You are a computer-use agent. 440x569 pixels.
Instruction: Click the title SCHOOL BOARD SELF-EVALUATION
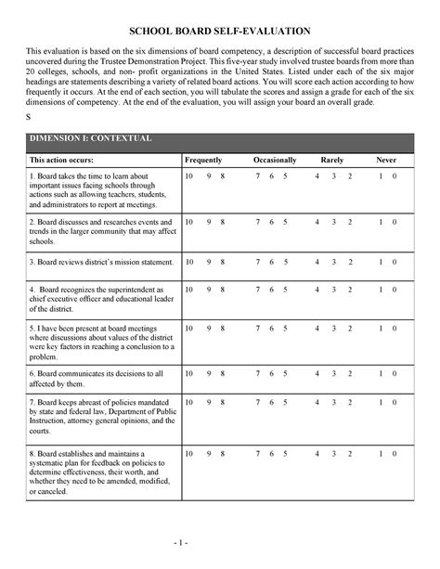click(x=219, y=32)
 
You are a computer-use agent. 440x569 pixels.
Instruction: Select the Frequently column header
click(x=203, y=160)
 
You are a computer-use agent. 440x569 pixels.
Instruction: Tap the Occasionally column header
click(x=275, y=160)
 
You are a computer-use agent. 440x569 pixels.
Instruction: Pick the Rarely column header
click(x=331, y=160)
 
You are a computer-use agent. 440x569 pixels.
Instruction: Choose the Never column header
click(x=386, y=160)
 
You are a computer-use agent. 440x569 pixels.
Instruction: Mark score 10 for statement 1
click(x=189, y=175)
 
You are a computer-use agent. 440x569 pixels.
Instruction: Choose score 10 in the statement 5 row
click(x=189, y=328)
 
